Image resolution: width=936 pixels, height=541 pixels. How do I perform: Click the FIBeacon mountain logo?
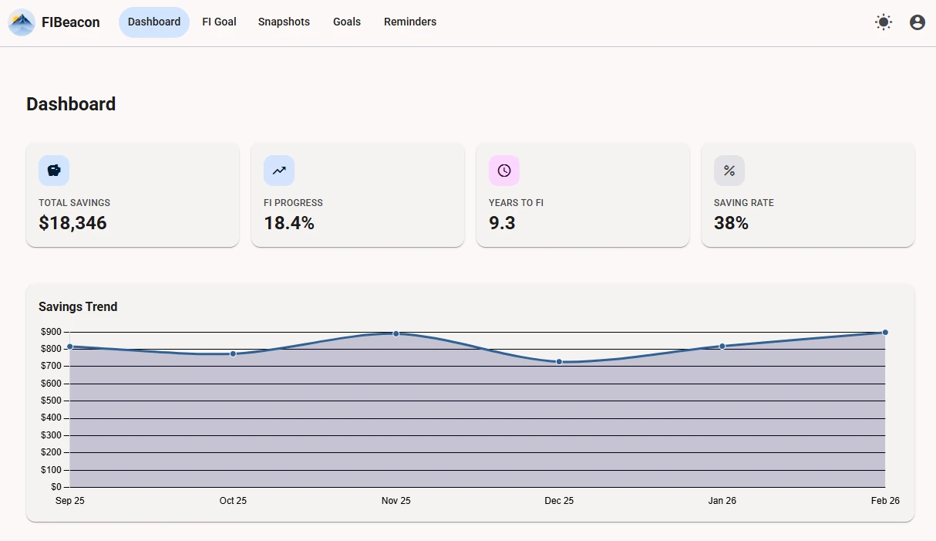[22, 22]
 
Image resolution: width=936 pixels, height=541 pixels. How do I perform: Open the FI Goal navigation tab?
[219, 22]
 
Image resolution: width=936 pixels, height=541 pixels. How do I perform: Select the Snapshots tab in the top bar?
[284, 22]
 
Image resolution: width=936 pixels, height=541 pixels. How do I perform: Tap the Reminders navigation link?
[410, 22]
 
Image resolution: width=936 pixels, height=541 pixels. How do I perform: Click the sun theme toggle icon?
[884, 22]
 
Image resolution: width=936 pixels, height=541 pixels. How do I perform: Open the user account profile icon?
[917, 22]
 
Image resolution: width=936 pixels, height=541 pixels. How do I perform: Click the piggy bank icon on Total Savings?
[54, 171]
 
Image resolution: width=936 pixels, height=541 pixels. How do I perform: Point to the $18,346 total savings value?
[72, 223]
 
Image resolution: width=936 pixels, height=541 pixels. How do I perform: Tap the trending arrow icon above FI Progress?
[279, 171]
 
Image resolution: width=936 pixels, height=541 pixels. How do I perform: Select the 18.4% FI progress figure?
[289, 223]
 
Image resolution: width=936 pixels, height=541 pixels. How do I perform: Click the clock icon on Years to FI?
[504, 171]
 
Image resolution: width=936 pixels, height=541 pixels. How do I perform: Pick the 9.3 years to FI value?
[502, 223]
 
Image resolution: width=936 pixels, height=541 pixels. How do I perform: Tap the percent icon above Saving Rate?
[729, 171]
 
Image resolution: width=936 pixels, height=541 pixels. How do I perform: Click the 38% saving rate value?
[731, 223]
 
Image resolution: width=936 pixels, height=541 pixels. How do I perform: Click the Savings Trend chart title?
[78, 306]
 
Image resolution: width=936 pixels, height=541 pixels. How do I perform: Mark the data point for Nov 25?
[396, 333]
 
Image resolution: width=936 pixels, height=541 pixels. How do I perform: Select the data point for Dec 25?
[559, 361]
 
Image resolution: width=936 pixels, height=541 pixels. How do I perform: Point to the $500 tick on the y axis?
[51, 401]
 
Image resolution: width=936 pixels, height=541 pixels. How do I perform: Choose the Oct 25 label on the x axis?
[233, 501]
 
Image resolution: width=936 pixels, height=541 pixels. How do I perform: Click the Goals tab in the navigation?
[347, 22]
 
